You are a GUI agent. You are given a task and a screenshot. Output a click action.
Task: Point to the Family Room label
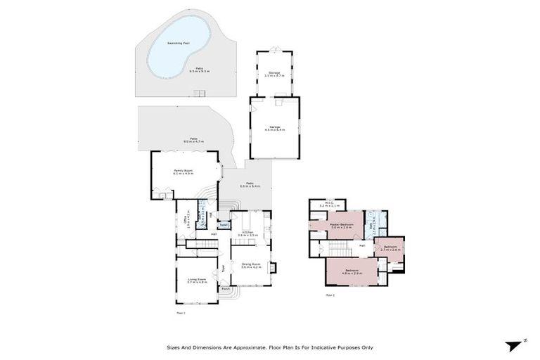click(x=183, y=170)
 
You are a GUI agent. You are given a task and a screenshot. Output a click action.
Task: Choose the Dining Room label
click(x=250, y=265)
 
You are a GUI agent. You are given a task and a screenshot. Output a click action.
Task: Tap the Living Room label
click(x=197, y=280)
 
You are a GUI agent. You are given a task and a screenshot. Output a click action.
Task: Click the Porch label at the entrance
click(x=226, y=289)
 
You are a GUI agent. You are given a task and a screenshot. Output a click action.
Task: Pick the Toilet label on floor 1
click(x=224, y=225)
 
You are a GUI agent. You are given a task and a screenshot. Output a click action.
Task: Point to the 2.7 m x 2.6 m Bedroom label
click(x=390, y=247)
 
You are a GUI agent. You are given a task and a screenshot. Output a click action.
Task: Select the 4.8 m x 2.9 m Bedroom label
click(x=352, y=271)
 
